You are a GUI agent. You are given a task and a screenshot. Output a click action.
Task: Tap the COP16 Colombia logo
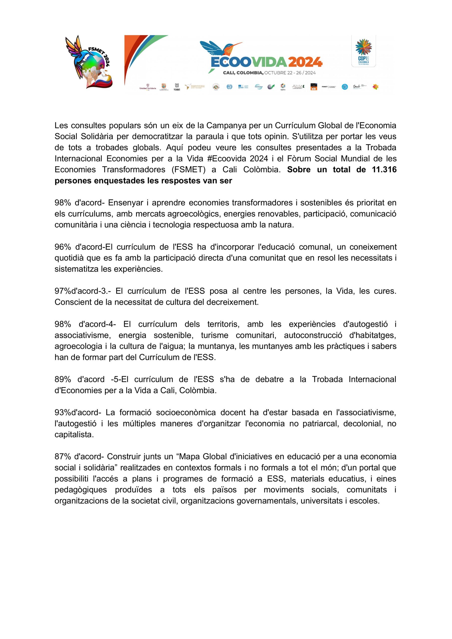[x=363, y=51]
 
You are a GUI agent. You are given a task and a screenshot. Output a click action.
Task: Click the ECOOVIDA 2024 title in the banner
[x=266, y=62]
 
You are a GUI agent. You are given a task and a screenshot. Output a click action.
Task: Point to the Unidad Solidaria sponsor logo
[x=147, y=87]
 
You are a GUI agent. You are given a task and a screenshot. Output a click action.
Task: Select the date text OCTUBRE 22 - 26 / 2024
[x=290, y=73]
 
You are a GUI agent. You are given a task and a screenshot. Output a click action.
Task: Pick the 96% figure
[x=63, y=247]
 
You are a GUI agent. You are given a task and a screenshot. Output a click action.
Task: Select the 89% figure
[x=63, y=379]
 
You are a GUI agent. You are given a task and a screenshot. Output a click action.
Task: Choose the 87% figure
[x=63, y=457]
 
